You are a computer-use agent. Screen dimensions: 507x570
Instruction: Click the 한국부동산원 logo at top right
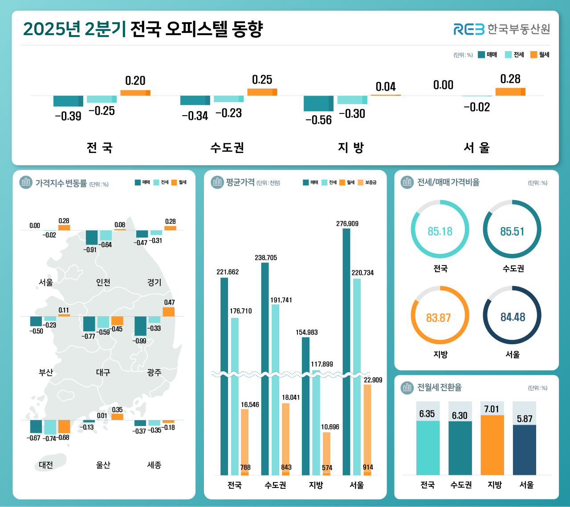point(501,29)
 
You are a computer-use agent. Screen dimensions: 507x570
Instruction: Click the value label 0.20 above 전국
point(135,81)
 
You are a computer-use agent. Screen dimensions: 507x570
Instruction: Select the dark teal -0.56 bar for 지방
point(318,104)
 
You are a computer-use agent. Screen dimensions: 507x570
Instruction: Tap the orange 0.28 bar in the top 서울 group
point(510,92)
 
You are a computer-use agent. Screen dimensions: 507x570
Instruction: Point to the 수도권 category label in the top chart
point(227,148)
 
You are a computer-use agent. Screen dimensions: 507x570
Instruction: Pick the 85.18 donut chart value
point(440,231)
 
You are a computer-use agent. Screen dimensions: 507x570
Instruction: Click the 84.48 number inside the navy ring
point(513,317)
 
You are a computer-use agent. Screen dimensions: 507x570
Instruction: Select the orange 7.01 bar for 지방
point(492,445)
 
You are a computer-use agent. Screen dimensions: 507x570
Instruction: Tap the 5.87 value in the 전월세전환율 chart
point(525,419)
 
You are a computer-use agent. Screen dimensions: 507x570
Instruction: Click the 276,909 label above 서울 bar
point(347,224)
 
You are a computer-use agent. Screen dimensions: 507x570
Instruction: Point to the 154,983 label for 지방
point(306,332)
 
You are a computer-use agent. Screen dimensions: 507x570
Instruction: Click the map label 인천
point(103,282)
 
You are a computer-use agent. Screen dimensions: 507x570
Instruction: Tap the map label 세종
point(154,465)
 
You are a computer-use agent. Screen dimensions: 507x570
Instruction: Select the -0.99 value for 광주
point(139,341)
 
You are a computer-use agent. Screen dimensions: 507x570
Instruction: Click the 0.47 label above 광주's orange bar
point(169,302)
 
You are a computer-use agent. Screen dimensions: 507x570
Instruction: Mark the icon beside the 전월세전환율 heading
point(407,387)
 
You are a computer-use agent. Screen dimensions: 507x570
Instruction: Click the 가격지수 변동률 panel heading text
point(61,184)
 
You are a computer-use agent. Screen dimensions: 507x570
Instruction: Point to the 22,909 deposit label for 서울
point(373,380)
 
